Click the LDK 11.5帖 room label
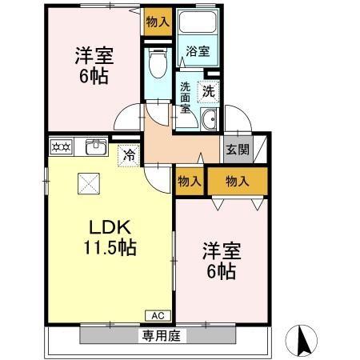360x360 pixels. click(110, 236)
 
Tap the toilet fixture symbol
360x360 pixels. click(158, 61)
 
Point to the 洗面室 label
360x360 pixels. click(185, 98)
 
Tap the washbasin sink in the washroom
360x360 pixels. click(210, 120)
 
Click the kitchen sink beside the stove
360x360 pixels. click(95, 146)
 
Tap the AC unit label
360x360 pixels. click(157, 314)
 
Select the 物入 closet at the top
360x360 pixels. click(158, 22)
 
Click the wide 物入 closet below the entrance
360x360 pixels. click(238, 181)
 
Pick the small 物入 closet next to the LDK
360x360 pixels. click(189, 181)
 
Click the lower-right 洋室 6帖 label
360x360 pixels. click(218, 261)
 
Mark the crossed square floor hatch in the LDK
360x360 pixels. click(86, 183)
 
